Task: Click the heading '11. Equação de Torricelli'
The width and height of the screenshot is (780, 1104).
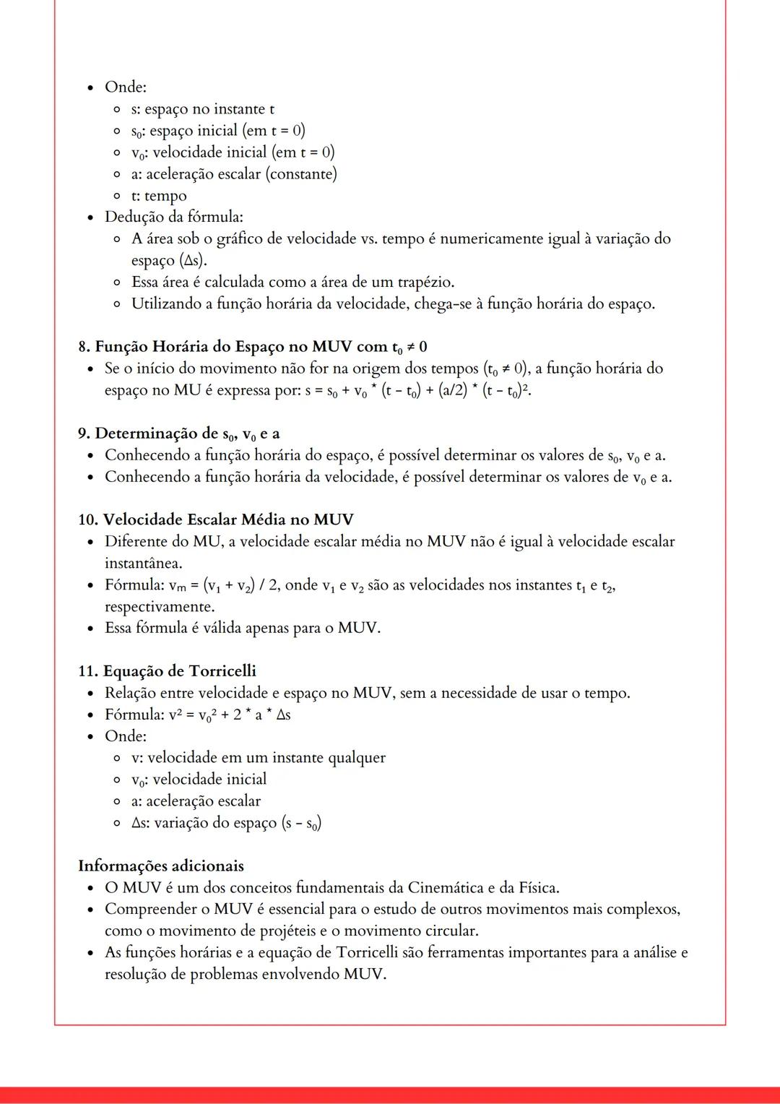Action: (x=167, y=671)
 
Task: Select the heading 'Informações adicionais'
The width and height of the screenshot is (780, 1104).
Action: (x=160, y=866)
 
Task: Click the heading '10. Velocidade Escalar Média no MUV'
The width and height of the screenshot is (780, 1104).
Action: (x=215, y=519)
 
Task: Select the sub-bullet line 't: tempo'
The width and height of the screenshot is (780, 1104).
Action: (x=159, y=196)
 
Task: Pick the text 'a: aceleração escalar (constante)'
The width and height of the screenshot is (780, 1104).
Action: (x=234, y=174)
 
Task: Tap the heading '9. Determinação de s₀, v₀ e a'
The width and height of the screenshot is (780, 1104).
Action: (x=178, y=434)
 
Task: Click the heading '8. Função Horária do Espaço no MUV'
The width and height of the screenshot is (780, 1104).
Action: (x=253, y=347)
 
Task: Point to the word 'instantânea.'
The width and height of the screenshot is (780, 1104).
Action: (x=143, y=563)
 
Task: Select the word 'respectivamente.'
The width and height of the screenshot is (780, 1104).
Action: (x=160, y=606)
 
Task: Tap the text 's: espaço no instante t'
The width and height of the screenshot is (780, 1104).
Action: (x=202, y=109)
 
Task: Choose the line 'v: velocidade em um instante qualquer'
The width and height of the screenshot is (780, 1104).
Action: (x=258, y=758)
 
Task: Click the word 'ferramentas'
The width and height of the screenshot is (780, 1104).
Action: (x=470, y=952)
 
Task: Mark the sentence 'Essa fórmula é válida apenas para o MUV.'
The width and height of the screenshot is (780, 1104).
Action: (x=242, y=628)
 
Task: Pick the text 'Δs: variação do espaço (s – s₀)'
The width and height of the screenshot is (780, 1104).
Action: (x=226, y=823)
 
